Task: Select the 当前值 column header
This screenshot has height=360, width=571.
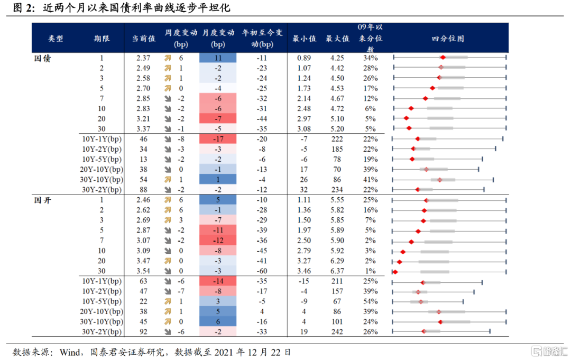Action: [x=143, y=39]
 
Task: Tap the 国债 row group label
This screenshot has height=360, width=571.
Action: [x=42, y=58]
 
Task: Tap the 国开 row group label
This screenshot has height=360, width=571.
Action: [x=42, y=200]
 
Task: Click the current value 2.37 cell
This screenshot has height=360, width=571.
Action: [x=143, y=58]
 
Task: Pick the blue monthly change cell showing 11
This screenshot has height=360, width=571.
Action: [x=218, y=58]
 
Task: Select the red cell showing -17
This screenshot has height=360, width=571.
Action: [x=218, y=139]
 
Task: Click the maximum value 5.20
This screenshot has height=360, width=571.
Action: [x=337, y=128]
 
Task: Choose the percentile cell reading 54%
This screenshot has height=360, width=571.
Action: [x=370, y=301]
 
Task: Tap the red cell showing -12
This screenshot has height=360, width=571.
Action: [x=218, y=241]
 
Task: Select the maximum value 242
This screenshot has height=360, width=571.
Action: [x=337, y=332]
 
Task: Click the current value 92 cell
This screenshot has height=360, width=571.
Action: [x=143, y=332]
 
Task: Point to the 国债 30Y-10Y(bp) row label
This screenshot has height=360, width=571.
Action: [x=102, y=180]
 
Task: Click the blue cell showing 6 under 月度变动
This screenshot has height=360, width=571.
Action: [x=218, y=321]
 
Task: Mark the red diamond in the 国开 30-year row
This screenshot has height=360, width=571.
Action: [x=395, y=272]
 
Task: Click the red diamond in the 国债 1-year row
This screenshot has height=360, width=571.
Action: [x=443, y=57]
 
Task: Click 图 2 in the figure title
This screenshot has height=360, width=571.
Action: [x=23, y=9]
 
